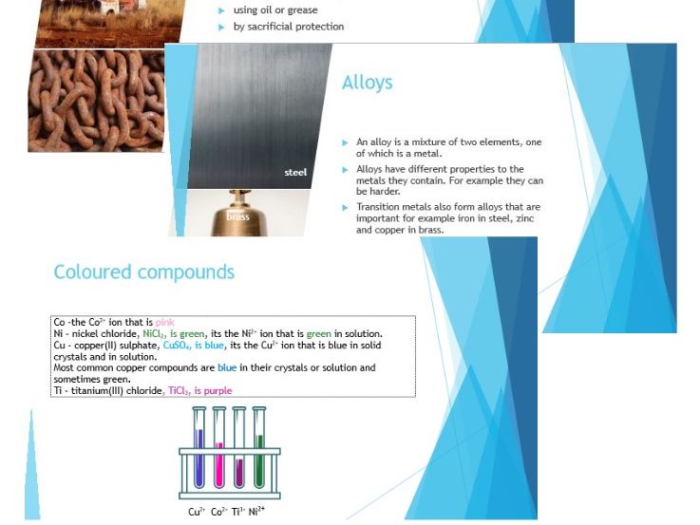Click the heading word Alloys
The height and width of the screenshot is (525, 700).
point(367,84)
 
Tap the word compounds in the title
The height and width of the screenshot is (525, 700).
point(189,272)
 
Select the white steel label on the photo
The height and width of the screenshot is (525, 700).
point(295,173)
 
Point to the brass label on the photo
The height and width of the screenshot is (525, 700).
point(237,217)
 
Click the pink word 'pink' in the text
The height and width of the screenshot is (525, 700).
point(164,323)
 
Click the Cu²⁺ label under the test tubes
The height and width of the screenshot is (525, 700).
point(197,513)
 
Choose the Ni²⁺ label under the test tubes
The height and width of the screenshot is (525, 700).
point(256,513)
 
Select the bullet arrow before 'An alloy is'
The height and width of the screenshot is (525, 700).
point(346,142)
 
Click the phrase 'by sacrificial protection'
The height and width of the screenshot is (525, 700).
point(289,27)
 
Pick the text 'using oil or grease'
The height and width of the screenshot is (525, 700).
point(275,10)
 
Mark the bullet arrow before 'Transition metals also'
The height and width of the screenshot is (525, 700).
point(346,207)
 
